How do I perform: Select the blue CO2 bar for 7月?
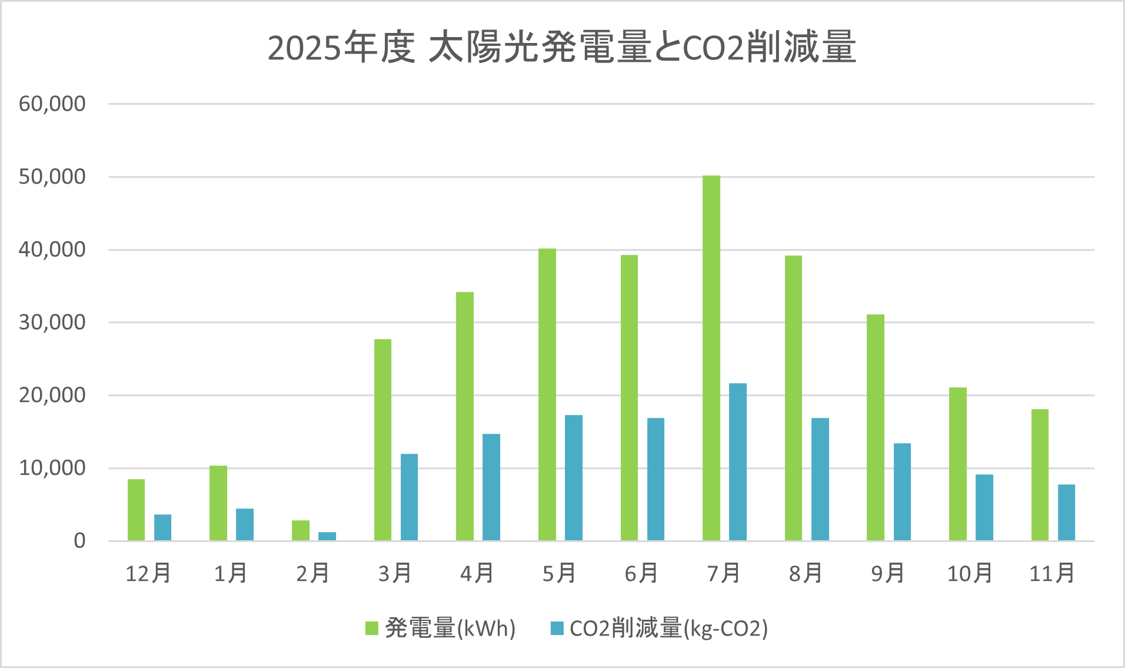point(738,462)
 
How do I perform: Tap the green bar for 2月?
point(301,530)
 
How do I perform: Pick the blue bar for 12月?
point(163,527)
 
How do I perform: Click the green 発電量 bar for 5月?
point(547,394)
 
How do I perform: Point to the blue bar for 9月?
point(902,491)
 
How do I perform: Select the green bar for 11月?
point(1040,474)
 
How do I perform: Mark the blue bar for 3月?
point(409,497)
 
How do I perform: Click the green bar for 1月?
point(218,503)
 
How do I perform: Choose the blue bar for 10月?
point(984,507)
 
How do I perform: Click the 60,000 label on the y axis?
point(52,104)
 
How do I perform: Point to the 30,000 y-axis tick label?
point(52,323)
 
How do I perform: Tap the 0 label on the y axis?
point(79,541)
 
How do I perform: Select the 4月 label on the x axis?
point(477,573)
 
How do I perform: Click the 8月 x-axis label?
point(806,573)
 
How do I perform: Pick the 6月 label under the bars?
point(641,573)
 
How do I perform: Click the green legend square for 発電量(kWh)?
point(372,629)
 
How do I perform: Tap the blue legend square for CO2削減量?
point(557,629)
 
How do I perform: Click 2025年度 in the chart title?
point(341,48)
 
